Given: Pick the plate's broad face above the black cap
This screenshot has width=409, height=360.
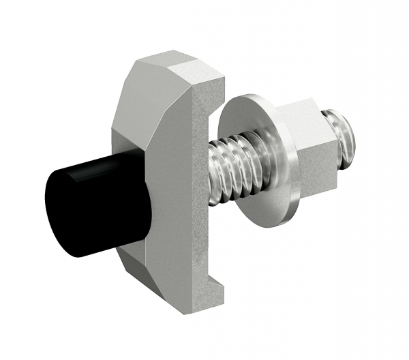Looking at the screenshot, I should click(x=147, y=123).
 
